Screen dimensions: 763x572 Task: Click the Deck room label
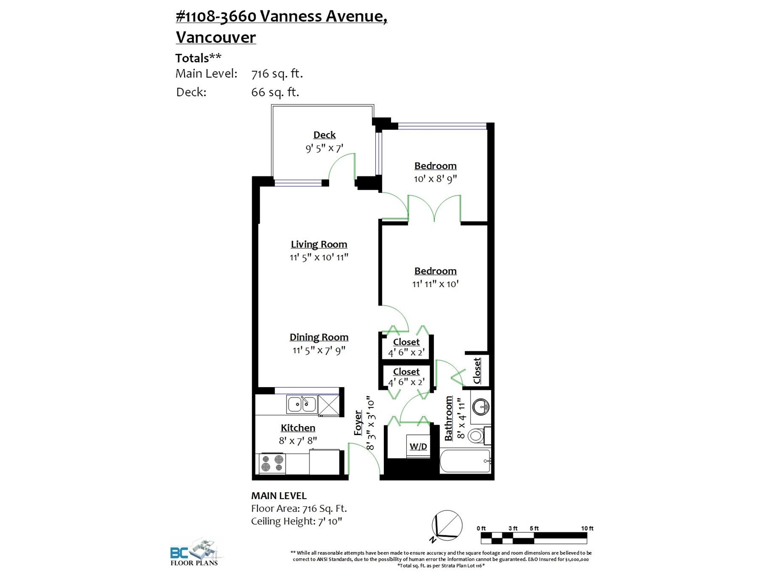click(324, 135)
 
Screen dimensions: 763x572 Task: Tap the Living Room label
click(319, 245)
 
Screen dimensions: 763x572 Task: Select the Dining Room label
click(319, 337)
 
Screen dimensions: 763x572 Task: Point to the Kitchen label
click(298, 428)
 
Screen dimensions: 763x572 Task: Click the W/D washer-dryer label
click(418, 446)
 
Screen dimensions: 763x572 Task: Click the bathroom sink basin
click(481, 406)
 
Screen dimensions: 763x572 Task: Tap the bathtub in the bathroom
click(465, 460)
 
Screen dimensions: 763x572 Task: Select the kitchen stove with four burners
click(272, 463)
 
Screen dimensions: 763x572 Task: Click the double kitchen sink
click(301, 404)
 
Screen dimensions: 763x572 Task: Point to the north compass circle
click(447, 525)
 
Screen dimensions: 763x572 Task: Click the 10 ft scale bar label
click(587, 528)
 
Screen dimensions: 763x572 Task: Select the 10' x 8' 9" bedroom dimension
click(435, 179)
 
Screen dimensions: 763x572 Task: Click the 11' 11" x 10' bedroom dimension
click(435, 284)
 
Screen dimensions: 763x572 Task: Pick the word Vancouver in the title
click(216, 37)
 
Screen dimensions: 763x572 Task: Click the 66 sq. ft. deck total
click(275, 92)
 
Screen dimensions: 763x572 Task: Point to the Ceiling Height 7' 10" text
click(297, 521)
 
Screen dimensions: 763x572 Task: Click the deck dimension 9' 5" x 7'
click(324, 148)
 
